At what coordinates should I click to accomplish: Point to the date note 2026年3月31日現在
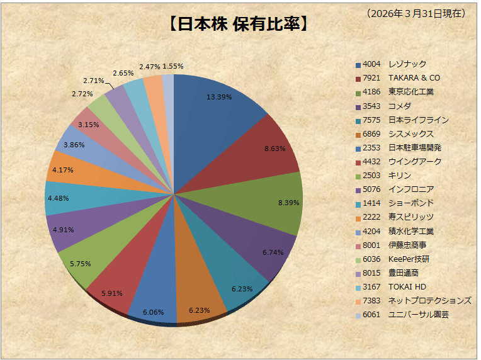pos(416,13)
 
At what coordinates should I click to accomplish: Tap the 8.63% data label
pos(274,149)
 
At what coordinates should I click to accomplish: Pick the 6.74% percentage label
pos(274,252)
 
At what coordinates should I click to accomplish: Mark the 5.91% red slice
pos(113,277)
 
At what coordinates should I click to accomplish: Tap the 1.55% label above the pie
pos(173,66)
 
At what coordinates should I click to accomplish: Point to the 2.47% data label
pos(150,67)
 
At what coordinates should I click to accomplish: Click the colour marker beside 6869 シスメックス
pos(358,134)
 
